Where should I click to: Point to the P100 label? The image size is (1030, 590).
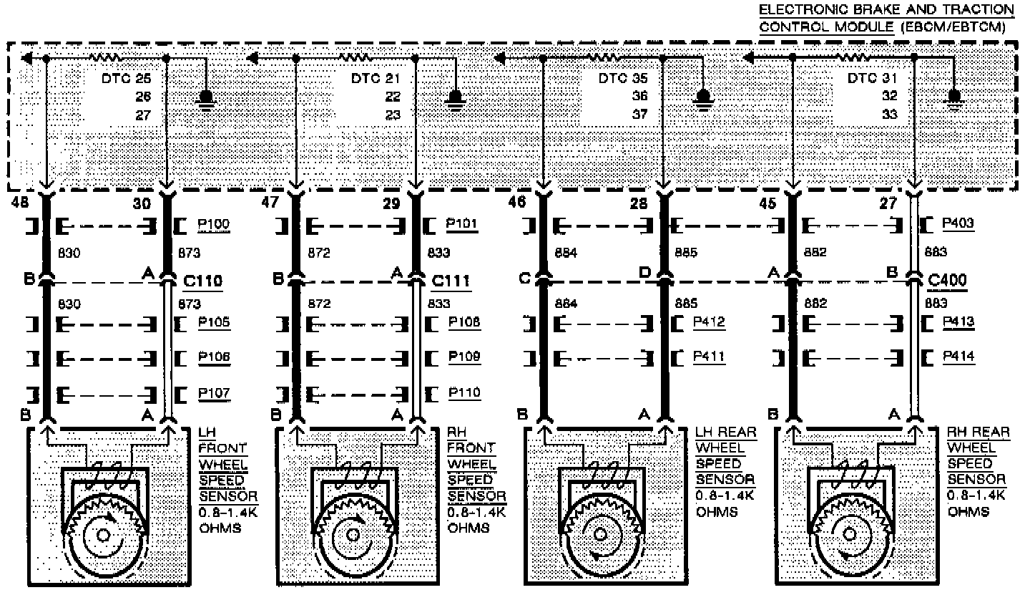(x=213, y=225)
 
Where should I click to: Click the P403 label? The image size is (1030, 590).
(x=957, y=225)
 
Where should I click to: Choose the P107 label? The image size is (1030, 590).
(x=213, y=393)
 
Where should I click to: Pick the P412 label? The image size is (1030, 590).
(x=709, y=322)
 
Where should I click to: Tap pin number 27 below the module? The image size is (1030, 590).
(x=888, y=203)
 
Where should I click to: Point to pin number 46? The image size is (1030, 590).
(x=516, y=203)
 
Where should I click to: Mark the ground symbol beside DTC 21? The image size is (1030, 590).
(x=454, y=98)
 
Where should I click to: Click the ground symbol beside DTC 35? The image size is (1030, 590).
(x=704, y=98)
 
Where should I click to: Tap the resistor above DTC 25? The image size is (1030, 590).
(x=106, y=57)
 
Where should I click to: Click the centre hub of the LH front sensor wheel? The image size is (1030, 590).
(x=103, y=535)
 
